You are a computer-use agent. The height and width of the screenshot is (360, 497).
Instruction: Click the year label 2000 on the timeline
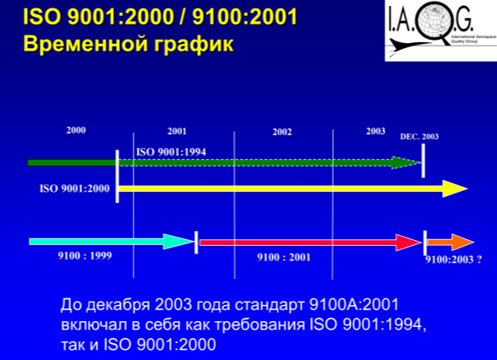[76, 130]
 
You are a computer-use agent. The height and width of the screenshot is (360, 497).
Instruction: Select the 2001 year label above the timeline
[177, 131]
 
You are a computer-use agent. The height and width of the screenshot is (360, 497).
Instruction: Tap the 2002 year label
[281, 132]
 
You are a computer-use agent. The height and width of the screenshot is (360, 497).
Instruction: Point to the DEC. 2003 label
[419, 137]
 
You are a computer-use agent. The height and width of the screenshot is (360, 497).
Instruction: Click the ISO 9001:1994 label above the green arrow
[171, 152]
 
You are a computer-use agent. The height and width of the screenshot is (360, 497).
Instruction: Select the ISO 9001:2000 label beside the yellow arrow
[74, 188]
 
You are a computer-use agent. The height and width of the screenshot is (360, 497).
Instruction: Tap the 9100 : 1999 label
[85, 256]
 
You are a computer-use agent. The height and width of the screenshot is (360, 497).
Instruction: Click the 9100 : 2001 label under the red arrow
[284, 257]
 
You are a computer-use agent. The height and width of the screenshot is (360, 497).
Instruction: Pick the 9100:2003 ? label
[454, 259]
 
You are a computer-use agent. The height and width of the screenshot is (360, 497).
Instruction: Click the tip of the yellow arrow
[468, 189]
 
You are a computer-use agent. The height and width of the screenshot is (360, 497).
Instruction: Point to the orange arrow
[451, 243]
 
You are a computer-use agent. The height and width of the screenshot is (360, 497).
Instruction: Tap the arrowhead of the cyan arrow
[178, 242]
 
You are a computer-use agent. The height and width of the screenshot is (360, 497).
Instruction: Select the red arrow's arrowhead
[408, 243]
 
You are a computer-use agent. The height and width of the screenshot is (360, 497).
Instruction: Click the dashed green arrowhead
[406, 163]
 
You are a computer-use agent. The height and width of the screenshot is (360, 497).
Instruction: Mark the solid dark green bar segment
[72, 163]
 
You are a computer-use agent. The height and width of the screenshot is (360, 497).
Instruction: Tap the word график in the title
[194, 44]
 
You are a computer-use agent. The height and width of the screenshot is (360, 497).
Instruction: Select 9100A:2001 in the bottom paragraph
[353, 304]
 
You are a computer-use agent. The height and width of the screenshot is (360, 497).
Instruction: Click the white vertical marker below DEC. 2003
[423, 161]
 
